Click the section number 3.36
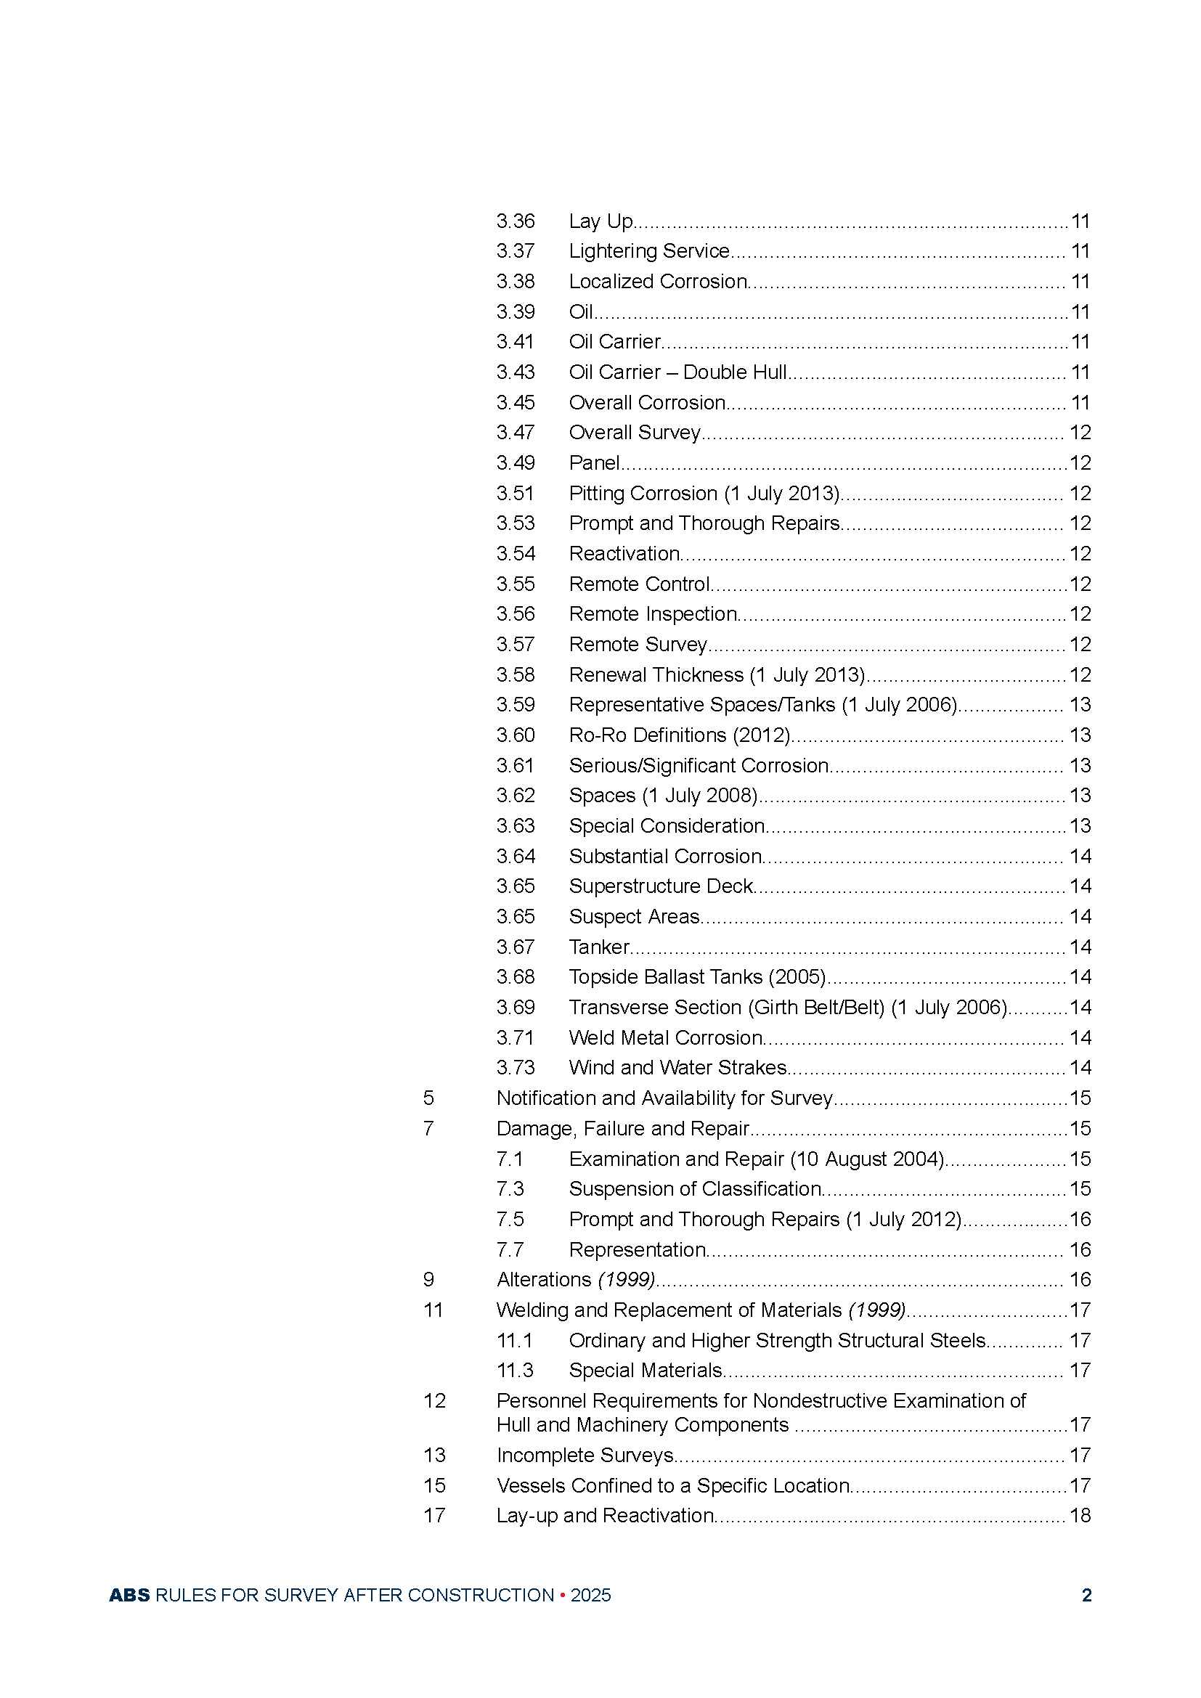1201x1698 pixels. click(x=516, y=221)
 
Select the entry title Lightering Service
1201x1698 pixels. click(x=649, y=251)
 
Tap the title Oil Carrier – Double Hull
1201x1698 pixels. click(x=677, y=372)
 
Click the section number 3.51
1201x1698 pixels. click(x=516, y=493)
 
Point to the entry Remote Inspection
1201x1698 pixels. click(x=653, y=614)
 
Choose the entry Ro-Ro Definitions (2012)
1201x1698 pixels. click(x=680, y=735)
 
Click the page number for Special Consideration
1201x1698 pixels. click(x=1080, y=826)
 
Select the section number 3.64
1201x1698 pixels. click(x=516, y=857)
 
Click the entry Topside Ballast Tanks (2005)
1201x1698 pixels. click(x=697, y=977)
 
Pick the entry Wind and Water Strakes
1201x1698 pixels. click(x=677, y=1068)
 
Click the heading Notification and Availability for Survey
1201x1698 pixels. click(x=665, y=1098)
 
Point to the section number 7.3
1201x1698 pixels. click(x=510, y=1189)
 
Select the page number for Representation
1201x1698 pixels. click(x=1080, y=1250)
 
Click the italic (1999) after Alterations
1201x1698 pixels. click(x=627, y=1279)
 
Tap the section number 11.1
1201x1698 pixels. click(x=515, y=1341)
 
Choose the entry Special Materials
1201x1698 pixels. click(x=646, y=1371)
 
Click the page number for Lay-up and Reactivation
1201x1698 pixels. click(x=1080, y=1515)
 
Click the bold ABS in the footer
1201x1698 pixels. click(x=129, y=1595)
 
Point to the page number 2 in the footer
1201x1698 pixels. click(x=1086, y=1595)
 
